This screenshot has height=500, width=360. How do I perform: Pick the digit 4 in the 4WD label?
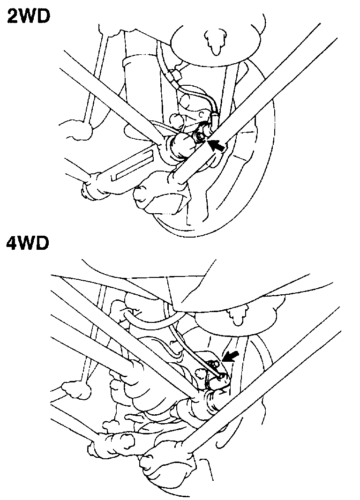click(11, 245)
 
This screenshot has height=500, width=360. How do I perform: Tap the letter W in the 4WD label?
click(28, 245)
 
